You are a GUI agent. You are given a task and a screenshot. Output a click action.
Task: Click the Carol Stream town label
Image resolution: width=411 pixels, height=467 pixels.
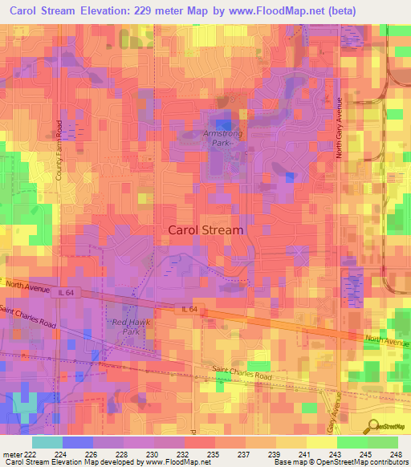[x=205, y=229]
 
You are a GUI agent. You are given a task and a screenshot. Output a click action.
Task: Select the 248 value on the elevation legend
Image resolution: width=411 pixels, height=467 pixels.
[x=397, y=455]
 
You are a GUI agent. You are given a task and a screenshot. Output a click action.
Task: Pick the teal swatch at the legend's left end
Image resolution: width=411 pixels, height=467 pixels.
[x=47, y=442]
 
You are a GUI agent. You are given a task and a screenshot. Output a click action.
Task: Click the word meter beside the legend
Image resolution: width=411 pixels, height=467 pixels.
[x=12, y=455]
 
